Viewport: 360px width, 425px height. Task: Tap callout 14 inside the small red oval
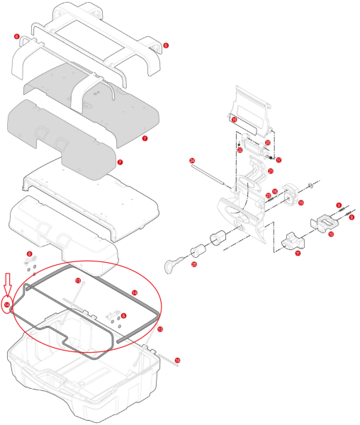pos(7,305)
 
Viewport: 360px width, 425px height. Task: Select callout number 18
pos(177,361)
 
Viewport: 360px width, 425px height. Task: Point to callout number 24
pos(192,161)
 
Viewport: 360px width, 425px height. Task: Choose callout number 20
pos(267,142)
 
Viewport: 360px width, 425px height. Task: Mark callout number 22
pos(240,150)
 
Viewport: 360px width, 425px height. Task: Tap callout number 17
pos(279,160)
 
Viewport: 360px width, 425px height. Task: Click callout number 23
pos(268,195)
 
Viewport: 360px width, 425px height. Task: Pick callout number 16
pos(274,191)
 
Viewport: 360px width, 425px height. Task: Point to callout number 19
pos(300,203)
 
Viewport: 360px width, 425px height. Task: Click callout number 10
pos(330,234)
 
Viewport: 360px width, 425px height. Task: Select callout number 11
pos(298,252)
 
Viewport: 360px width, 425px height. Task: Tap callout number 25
pos(195,264)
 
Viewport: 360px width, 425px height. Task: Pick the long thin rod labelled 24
pos(213,174)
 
